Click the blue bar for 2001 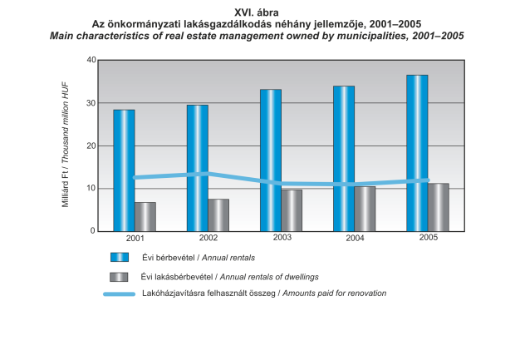tap(124, 170)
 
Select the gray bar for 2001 tap(145, 216)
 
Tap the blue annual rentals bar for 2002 tap(197, 167)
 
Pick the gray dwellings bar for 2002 tap(218, 215)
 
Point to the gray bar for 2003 tap(292, 210)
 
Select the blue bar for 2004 tap(343, 158)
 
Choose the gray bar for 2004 tap(365, 209)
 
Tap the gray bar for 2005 tap(438, 207)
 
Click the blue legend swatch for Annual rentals tap(119, 259)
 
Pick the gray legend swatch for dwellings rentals tap(119, 276)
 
